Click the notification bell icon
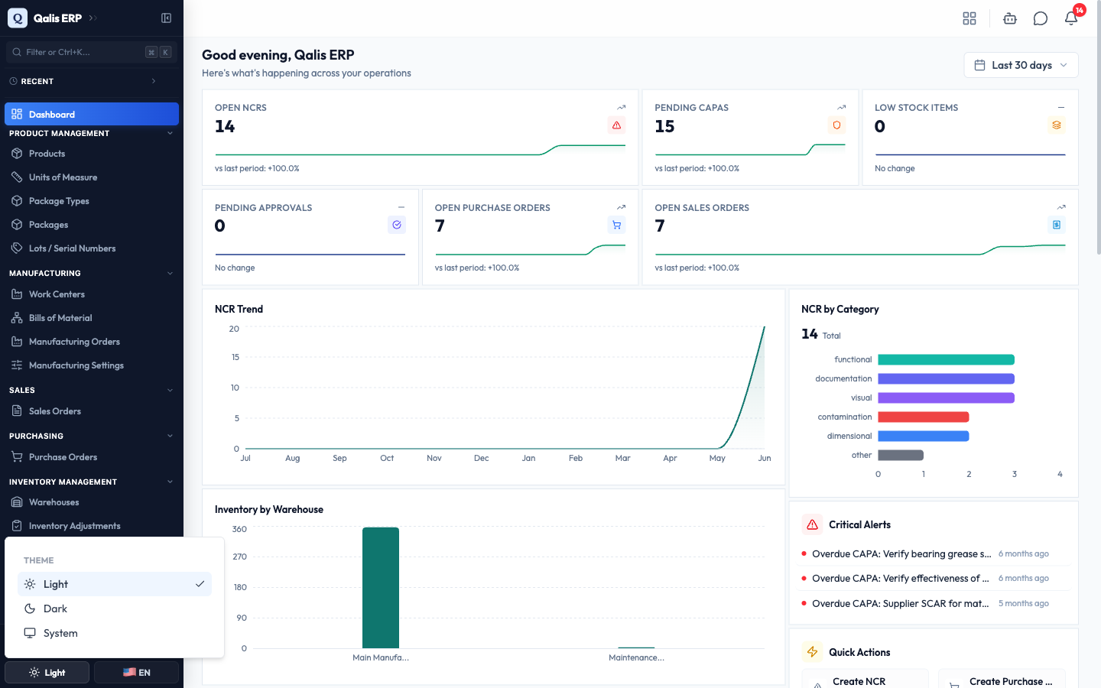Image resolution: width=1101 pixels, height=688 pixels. (1071, 18)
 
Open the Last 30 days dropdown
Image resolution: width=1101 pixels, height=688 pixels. (1021, 66)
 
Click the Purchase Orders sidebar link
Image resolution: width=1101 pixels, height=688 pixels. (63, 457)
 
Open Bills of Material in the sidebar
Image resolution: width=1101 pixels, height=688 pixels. (60, 318)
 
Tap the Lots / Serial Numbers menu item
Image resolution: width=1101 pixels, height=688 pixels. (72, 248)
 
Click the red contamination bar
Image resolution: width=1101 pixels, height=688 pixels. (924, 417)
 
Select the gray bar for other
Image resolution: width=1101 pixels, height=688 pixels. (901, 455)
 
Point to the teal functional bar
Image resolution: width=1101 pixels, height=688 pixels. (947, 360)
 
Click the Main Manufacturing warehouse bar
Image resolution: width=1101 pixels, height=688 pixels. (381, 588)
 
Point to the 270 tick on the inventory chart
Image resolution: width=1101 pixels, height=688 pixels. (240, 557)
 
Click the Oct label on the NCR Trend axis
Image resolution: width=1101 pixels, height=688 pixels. (387, 458)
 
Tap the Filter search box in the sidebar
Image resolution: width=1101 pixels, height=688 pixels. (92, 52)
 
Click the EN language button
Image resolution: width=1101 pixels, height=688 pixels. (136, 672)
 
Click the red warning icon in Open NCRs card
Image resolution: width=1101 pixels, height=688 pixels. (616, 125)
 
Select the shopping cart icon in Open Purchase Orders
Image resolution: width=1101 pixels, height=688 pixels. (616, 225)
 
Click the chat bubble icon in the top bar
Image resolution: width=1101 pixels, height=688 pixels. (1040, 18)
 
